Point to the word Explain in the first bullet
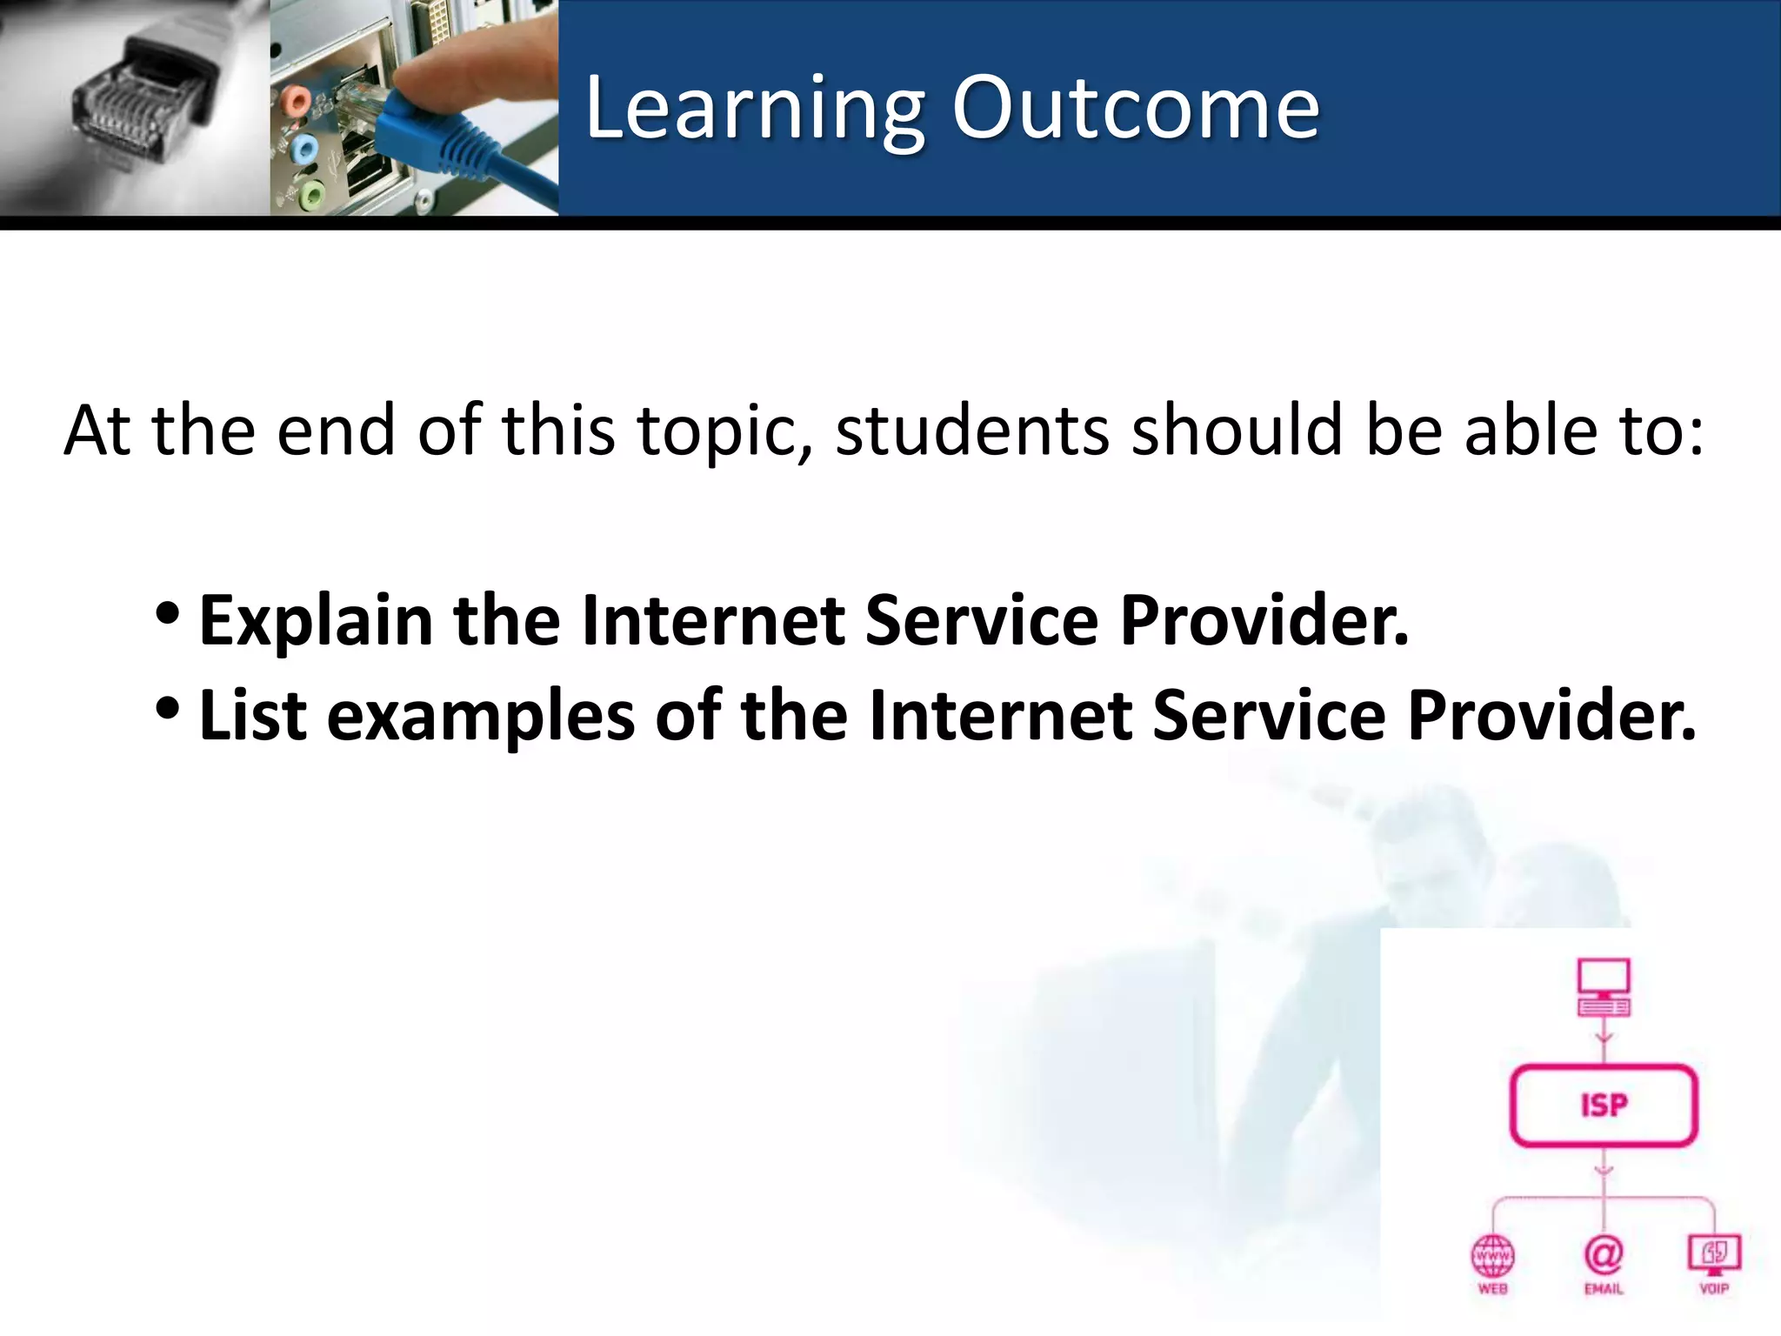(x=316, y=621)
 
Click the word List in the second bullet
(x=252, y=716)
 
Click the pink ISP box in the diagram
(x=1604, y=1106)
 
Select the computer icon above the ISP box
(x=1604, y=987)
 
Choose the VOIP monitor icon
(x=1714, y=1252)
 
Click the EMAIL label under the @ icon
(x=1604, y=1289)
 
